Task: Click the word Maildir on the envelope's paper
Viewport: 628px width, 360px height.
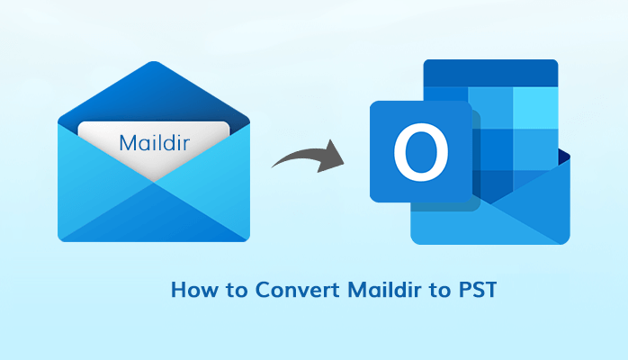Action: click(x=154, y=142)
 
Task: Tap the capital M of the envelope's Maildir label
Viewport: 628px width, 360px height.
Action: click(x=128, y=143)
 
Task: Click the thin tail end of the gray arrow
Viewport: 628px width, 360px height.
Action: click(x=274, y=166)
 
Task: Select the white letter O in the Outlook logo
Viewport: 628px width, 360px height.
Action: click(x=421, y=152)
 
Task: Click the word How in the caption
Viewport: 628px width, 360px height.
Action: click(x=194, y=290)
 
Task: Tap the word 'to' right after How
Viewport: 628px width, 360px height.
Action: click(x=238, y=291)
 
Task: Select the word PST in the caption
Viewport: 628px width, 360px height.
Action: click(x=478, y=290)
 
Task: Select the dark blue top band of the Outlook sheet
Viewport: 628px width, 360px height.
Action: click(x=490, y=73)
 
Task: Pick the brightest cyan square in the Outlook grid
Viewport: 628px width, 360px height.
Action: click(x=535, y=108)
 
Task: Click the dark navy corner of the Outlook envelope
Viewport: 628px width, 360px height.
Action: click(x=564, y=157)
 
